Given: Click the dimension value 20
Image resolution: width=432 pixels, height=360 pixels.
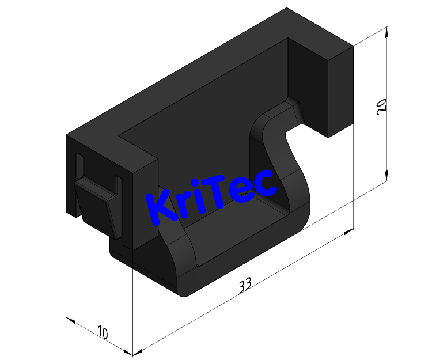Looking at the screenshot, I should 381,107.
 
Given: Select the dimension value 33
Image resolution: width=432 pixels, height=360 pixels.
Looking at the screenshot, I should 245,285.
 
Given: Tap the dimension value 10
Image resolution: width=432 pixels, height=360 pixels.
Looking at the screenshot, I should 103,332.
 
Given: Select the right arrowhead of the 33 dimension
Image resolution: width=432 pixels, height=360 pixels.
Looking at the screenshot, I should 347,232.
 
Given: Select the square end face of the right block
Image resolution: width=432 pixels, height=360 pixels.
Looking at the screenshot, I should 340,92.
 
